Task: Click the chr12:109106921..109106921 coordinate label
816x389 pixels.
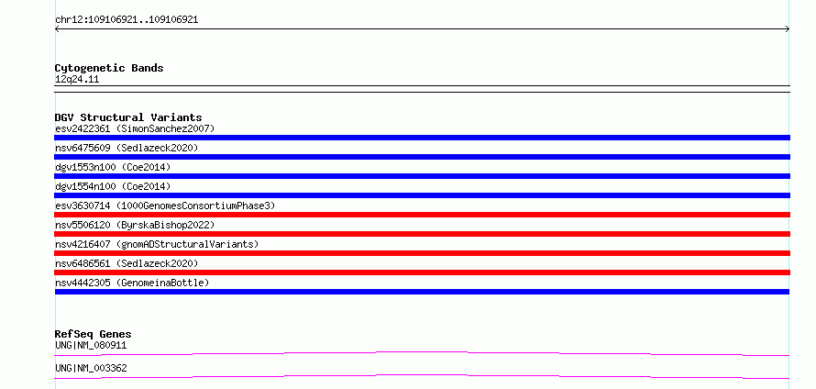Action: pyautogui.click(x=127, y=20)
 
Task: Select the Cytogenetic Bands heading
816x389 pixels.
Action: pyautogui.click(x=109, y=68)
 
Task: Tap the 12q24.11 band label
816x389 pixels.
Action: pyautogui.click(x=77, y=80)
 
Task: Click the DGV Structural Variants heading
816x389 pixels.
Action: pyautogui.click(x=128, y=117)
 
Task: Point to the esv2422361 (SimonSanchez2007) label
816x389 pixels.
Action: pyautogui.click(x=135, y=128)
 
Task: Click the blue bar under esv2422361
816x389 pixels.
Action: pyautogui.click(x=422, y=138)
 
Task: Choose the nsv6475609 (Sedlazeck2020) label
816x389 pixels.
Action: pyautogui.click(x=127, y=148)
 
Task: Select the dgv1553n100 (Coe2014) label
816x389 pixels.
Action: pyautogui.click(x=113, y=167)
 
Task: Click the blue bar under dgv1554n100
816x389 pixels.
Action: pyautogui.click(x=422, y=195)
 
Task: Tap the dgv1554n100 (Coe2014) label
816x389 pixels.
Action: pyautogui.click(x=113, y=186)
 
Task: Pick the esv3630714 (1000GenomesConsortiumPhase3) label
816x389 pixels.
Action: pyautogui.click(x=165, y=206)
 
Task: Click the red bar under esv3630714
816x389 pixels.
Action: pyautogui.click(x=422, y=215)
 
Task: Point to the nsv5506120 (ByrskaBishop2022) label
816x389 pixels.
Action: pyautogui.click(x=135, y=225)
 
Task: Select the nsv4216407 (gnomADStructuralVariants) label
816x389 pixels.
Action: pyautogui.click(x=157, y=244)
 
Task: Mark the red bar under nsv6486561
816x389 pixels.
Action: pyautogui.click(x=422, y=272)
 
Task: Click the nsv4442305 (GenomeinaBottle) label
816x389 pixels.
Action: pyautogui.click(x=132, y=283)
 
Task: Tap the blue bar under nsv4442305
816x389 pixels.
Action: pyautogui.click(x=422, y=292)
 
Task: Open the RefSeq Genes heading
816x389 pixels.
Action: pyautogui.click(x=93, y=334)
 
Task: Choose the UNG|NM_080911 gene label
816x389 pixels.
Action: pyautogui.click(x=91, y=345)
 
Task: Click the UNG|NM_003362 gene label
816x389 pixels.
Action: pyautogui.click(x=91, y=368)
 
